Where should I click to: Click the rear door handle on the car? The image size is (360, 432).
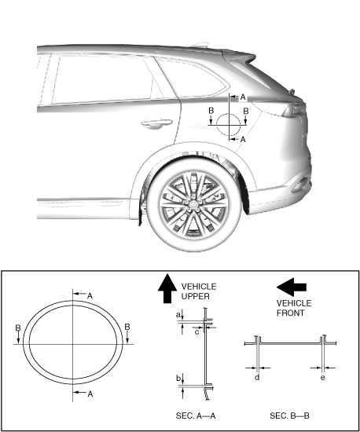(x=156, y=123)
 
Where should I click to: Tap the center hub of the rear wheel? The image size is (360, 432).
(x=193, y=204)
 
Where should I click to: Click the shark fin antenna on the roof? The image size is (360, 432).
(x=200, y=45)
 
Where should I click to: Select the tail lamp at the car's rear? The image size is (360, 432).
(x=293, y=110)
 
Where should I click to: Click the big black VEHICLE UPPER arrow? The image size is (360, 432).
(x=167, y=289)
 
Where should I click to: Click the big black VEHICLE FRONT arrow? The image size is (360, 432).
(x=292, y=287)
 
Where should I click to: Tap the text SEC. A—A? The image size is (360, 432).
(x=196, y=416)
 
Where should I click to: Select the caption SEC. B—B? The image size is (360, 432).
(x=289, y=416)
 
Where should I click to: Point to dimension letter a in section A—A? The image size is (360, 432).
(x=178, y=315)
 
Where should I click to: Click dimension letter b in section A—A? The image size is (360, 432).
(x=178, y=378)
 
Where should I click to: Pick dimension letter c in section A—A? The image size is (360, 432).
(x=197, y=332)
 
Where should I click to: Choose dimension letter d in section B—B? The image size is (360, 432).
(x=257, y=377)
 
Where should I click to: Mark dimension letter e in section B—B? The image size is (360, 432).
(x=323, y=378)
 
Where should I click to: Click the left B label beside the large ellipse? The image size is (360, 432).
(x=18, y=328)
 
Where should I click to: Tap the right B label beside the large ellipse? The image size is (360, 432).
(x=127, y=327)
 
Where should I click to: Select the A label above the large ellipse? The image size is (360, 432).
(x=90, y=296)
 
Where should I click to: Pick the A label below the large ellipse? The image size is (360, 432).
(x=90, y=394)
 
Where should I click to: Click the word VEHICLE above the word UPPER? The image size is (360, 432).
(x=199, y=287)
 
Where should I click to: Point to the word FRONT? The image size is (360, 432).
(x=290, y=313)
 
